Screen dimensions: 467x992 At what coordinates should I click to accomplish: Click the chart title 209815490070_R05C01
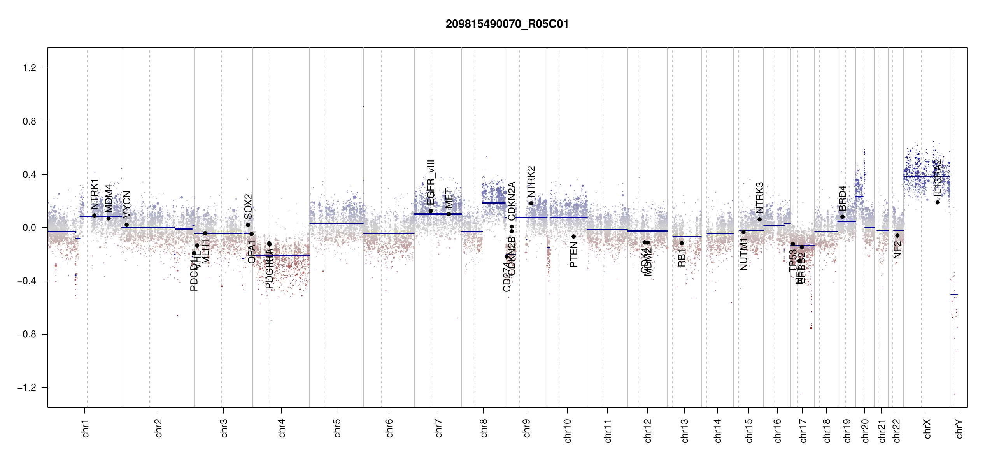[x=507, y=24]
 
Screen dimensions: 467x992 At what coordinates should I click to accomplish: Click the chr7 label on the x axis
[x=438, y=428]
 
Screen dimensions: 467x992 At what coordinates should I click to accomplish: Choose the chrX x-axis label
[x=927, y=429]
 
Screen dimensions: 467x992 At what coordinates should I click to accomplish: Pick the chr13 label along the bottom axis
[x=684, y=430]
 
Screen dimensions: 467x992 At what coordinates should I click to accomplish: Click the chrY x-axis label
[x=959, y=429]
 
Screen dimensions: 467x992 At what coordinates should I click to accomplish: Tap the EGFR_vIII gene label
[x=431, y=182]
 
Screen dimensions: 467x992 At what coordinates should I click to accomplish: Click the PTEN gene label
[x=573, y=255]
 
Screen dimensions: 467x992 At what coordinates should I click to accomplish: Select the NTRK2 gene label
[x=531, y=182]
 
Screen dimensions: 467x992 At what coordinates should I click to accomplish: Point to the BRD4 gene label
[x=842, y=198]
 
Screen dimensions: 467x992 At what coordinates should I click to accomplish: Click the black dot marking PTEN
[x=573, y=237]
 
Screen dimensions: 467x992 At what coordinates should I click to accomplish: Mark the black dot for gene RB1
[x=682, y=243]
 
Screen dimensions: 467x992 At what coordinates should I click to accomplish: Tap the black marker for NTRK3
[x=759, y=219]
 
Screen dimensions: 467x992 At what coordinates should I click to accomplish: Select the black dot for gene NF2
[x=897, y=236]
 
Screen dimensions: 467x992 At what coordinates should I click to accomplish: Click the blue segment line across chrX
[x=926, y=177]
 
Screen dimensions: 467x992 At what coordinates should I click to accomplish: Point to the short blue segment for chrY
[x=954, y=295]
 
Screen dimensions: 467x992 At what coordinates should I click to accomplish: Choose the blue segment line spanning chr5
[x=337, y=223]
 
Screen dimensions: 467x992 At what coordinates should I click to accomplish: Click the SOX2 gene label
[x=248, y=206]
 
